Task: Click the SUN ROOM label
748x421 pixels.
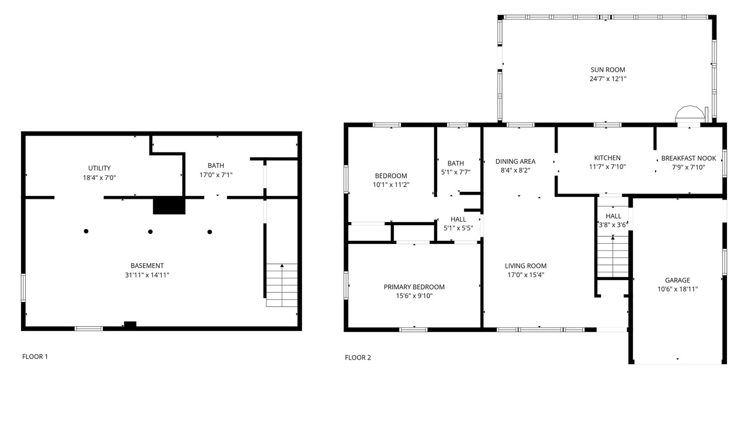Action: tap(608, 70)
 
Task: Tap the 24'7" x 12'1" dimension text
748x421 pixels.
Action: tap(608, 79)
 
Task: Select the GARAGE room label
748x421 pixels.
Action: tap(677, 280)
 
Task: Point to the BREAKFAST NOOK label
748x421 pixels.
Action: tap(688, 158)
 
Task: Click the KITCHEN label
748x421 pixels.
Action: tap(607, 158)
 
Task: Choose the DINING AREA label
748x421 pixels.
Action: tap(515, 161)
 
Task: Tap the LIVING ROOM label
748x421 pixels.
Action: tap(525, 266)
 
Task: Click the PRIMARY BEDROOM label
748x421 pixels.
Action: tap(414, 287)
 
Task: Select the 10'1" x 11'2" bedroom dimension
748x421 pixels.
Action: tap(391, 184)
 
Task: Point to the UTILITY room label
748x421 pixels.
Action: tap(99, 168)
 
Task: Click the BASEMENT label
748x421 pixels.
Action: tap(147, 266)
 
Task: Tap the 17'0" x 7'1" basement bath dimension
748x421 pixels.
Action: tap(216, 175)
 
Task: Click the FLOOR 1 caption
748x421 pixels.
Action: tap(35, 357)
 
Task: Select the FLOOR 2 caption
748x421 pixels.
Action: tap(358, 358)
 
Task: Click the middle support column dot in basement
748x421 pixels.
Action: tap(150, 232)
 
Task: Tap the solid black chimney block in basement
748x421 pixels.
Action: tap(169, 205)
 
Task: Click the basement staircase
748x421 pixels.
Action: tap(282, 285)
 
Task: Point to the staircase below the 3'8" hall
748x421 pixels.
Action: tap(613, 256)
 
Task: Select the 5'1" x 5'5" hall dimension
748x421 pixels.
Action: tap(458, 228)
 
